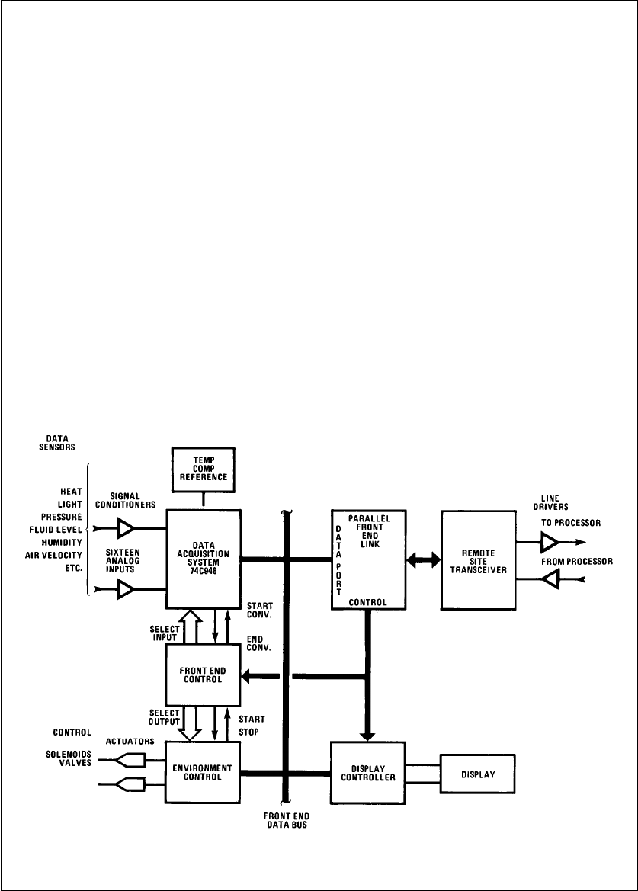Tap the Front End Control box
point(204,675)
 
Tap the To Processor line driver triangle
point(550,542)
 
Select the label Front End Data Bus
point(286,822)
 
